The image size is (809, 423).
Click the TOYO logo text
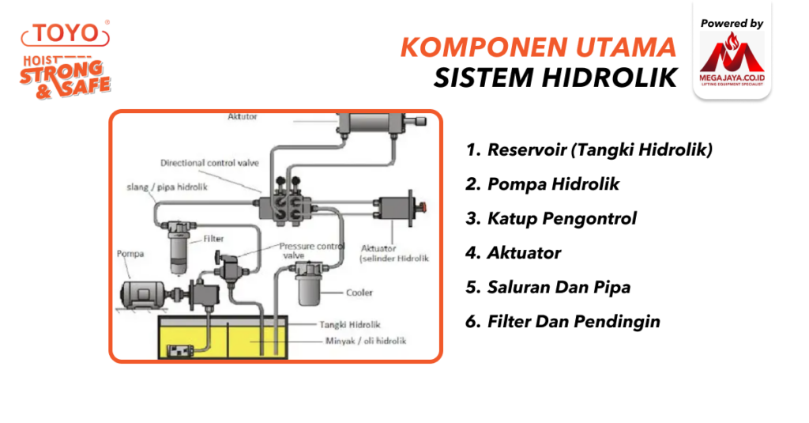point(66,34)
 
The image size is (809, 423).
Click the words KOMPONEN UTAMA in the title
point(538,47)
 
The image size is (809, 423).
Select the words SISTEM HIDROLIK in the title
point(555,78)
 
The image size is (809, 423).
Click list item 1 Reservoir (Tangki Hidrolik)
point(589,149)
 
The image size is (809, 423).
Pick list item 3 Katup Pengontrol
point(551,218)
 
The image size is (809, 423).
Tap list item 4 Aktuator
point(514,253)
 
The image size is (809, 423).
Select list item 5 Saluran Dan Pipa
point(547,287)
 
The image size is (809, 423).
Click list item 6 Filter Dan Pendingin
point(563,322)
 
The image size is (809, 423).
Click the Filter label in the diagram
point(213,237)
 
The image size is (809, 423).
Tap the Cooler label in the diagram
point(359,293)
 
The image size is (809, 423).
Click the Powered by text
point(732,24)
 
